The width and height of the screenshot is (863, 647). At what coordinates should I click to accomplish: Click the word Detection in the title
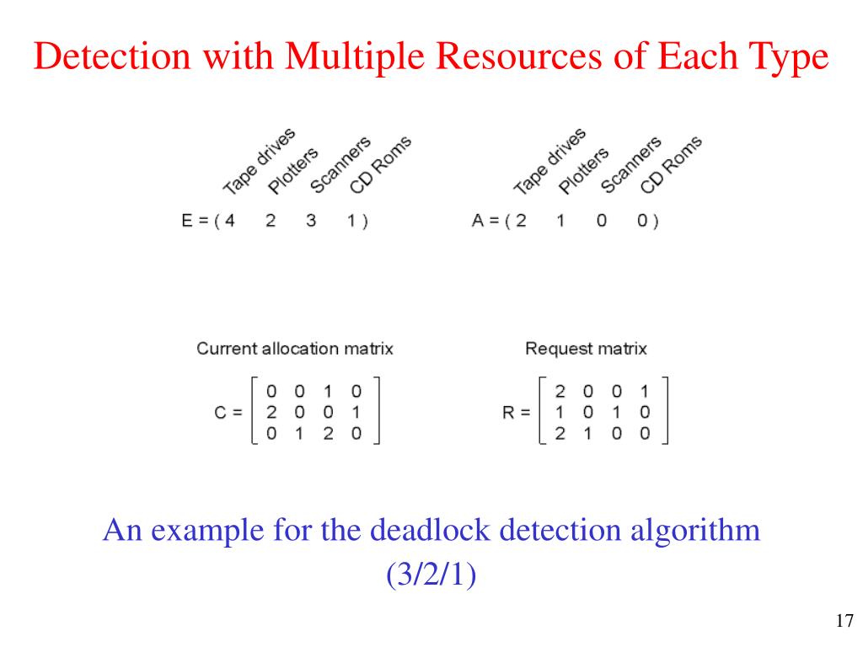click(105, 57)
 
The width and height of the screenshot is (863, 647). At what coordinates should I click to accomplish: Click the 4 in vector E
click(229, 222)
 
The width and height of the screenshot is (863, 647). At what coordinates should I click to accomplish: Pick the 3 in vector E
click(311, 222)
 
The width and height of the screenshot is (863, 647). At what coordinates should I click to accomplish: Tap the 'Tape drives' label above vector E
click(260, 161)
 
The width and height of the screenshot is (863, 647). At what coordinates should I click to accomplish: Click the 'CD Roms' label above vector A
click(671, 164)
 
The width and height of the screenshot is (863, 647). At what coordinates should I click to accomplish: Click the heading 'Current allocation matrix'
click(295, 348)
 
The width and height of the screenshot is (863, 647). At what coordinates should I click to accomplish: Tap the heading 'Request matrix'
click(586, 348)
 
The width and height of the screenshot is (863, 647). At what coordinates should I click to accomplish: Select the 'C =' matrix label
click(228, 413)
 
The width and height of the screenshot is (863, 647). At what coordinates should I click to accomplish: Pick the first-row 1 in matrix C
click(328, 392)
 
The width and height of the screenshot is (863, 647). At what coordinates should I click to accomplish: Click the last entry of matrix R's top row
click(645, 392)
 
